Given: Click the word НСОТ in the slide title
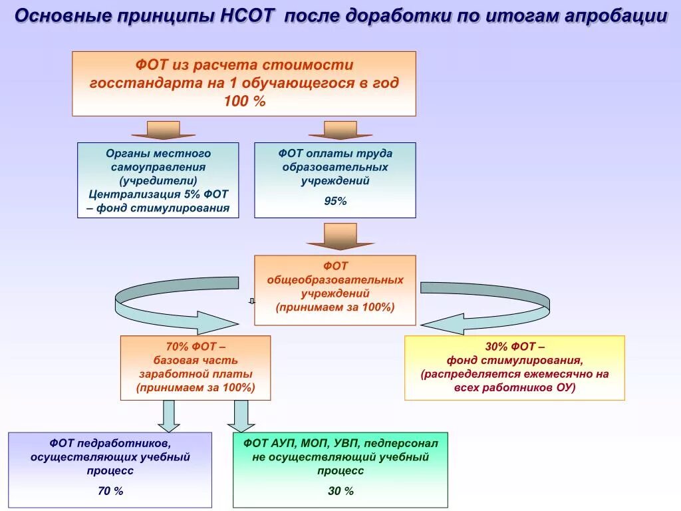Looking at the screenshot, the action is pyautogui.click(x=246, y=16).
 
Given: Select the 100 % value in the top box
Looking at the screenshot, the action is pyautogui.click(x=244, y=101).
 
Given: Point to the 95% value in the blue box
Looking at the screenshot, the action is pyautogui.click(x=335, y=201).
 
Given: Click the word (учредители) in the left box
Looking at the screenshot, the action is pyautogui.click(x=158, y=180).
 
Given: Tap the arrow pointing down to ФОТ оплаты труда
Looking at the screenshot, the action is pyautogui.click(x=340, y=130).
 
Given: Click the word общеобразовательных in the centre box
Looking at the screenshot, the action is pyautogui.click(x=335, y=279).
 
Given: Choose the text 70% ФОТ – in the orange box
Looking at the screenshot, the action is pyautogui.click(x=196, y=347).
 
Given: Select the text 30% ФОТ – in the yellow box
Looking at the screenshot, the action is pyautogui.click(x=515, y=347).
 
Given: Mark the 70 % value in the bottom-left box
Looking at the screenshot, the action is pyautogui.click(x=110, y=491).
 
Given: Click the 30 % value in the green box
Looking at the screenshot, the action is pyautogui.click(x=340, y=491).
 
